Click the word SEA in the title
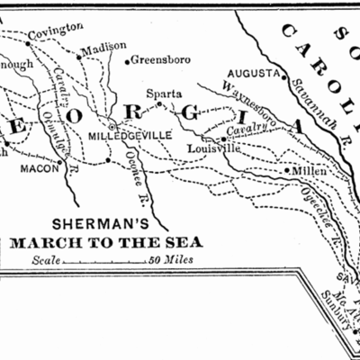click(184, 242)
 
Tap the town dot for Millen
click(287, 169)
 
